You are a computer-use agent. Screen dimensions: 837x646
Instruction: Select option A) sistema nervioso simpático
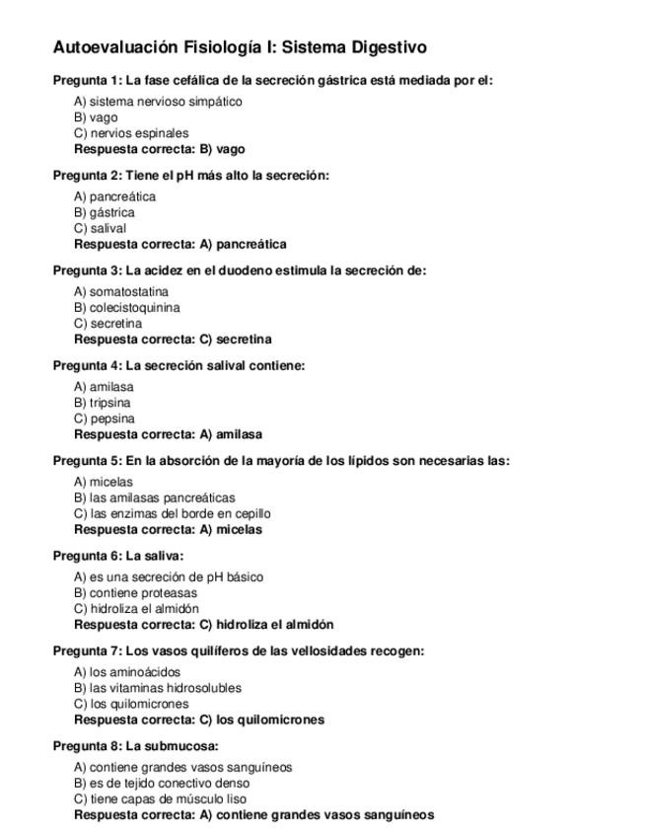(x=158, y=102)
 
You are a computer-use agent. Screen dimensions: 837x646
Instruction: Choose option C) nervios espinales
(x=131, y=133)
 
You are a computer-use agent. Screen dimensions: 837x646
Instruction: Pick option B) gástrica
(x=105, y=212)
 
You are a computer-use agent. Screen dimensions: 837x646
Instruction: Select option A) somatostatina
(x=121, y=292)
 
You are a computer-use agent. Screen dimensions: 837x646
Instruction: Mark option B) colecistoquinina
(x=127, y=308)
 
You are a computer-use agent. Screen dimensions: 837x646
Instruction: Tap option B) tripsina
(x=103, y=403)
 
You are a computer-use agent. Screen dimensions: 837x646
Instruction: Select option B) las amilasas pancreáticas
(x=155, y=498)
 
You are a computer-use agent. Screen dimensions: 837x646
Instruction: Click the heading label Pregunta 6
(x=87, y=556)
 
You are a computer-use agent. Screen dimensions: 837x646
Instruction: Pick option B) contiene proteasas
(x=135, y=593)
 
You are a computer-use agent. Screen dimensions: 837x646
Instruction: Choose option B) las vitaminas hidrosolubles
(x=158, y=688)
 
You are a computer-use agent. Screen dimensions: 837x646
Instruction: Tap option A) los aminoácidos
(x=127, y=672)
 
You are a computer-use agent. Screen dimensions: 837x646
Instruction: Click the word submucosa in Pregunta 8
(x=185, y=746)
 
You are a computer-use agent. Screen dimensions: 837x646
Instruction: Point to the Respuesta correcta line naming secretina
(x=173, y=340)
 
